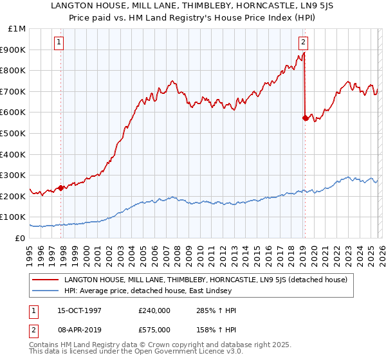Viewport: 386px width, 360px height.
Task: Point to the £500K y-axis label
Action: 14,134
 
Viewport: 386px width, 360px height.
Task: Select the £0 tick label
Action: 19,239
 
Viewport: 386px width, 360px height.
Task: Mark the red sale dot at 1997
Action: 60,188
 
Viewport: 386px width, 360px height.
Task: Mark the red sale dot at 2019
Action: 304,118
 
